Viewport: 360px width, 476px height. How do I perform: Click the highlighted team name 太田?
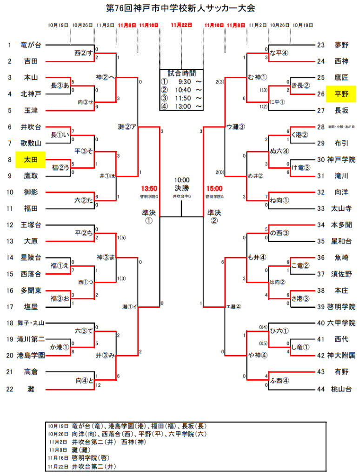pos(31,160)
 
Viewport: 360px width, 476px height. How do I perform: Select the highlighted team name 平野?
pos(341,94)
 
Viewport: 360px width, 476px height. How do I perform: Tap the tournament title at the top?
pos(180,8)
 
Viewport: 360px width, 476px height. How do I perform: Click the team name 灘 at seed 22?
pos(31,389)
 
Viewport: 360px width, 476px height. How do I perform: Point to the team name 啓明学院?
pos(341,306)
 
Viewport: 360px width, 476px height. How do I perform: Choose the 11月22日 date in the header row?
pos(181,25)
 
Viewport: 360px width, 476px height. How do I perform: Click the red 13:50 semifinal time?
pos(149,188)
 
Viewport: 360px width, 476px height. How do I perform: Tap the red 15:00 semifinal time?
pos(214,188)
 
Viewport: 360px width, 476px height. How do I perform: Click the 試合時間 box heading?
pos(181,73)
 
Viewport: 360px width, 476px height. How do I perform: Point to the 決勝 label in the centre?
pos(182,188)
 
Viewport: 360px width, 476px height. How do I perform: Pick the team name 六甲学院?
pos(341,323)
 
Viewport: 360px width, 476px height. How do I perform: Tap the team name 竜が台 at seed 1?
pos(31,45)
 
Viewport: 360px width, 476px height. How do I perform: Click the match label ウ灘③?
pos(235,126)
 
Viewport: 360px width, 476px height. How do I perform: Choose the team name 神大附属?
pos(341,355)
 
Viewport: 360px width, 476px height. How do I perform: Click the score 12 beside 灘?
pos(98,385)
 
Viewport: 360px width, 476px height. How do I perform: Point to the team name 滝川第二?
pos(31,339)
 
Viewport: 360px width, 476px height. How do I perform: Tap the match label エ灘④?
pos(233,306)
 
